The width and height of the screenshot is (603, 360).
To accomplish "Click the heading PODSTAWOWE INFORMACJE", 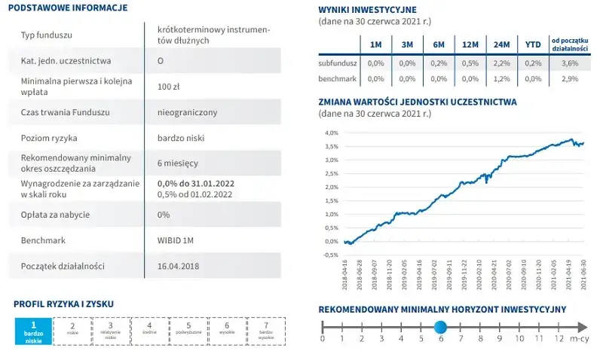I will (x=70, y=8).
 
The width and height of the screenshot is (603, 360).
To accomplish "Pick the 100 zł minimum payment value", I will (x=167, y=87).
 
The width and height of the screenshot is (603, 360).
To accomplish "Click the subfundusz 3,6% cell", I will (x=570, y=64).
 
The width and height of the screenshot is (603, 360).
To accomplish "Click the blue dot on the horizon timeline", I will (x=440, y=326).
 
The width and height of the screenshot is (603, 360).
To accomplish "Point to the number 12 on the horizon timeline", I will (x=558, y=340).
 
